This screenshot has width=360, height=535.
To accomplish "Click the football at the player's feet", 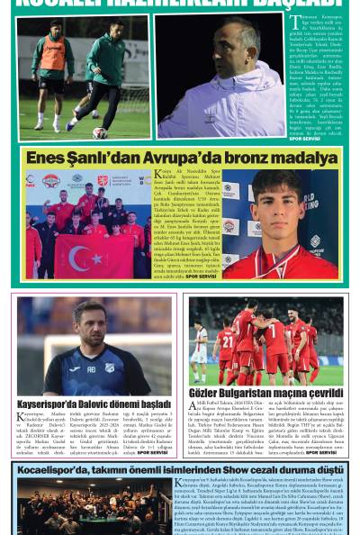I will click(100, 131).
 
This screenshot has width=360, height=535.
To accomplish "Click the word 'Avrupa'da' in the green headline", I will click(146, 158).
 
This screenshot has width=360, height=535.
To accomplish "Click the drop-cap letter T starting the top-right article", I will click(294, 22).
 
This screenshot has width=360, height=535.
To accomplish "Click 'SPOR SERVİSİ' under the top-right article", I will click(305, 140).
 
